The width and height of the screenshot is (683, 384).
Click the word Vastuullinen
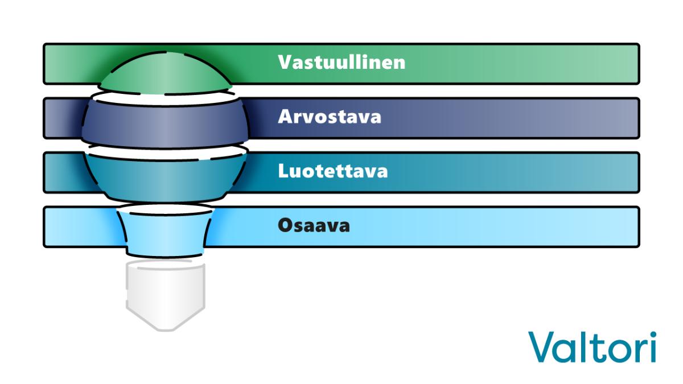point(341,62)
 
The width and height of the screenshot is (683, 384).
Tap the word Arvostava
point(330,117)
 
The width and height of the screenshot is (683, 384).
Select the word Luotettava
point(332,171)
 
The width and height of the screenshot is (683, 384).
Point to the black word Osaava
point(314,225)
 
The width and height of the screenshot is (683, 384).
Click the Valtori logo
point(592,347)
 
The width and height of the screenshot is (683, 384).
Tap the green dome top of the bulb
point(166,73)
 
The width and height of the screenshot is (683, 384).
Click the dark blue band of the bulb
point(165,123)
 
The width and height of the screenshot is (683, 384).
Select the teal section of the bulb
point(165,178)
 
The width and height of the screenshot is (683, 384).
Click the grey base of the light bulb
point(165,294)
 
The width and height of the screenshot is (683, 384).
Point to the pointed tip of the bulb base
point(166,330)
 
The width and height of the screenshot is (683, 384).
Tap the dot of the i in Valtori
point(653,335)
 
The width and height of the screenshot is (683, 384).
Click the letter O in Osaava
point(286,225)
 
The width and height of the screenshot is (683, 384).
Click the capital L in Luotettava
point(283,171)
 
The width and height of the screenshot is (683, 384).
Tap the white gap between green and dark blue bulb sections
point(164,98)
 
